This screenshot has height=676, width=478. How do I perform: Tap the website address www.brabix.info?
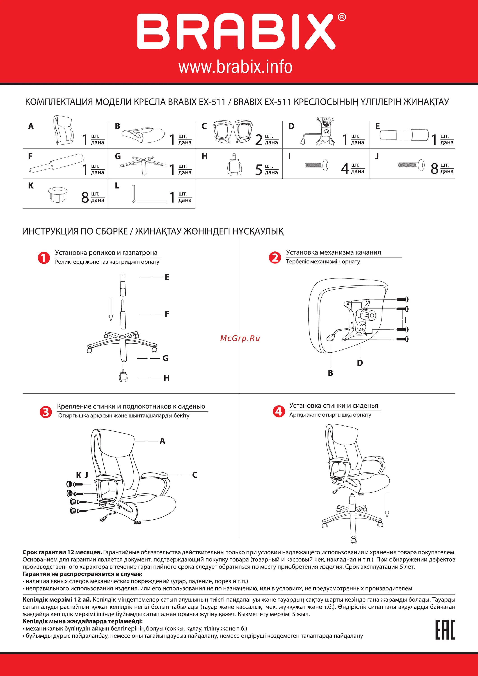(235, 67)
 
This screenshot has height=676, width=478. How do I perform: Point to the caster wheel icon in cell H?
(235, 166)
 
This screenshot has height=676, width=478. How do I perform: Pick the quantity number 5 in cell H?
(258, 170)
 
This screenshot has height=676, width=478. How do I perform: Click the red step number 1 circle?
(43, 258)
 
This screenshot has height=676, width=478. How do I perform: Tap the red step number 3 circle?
(46, 412)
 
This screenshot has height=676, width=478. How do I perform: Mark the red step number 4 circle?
(278, 411)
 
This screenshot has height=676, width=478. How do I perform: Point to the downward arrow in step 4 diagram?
(387, 505)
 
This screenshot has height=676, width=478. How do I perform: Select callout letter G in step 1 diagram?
(165, 358)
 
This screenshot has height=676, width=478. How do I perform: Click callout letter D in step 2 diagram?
(360, 363)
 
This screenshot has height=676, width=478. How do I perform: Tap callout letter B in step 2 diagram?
(330, 373)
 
